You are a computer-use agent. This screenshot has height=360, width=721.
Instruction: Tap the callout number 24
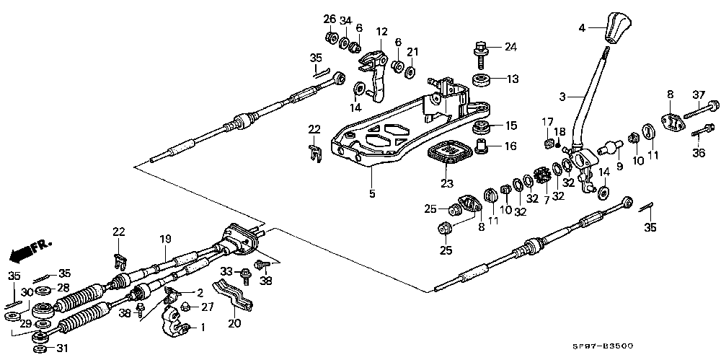(x=510, y=47)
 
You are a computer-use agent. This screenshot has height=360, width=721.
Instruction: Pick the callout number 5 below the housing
(x=371, y=194)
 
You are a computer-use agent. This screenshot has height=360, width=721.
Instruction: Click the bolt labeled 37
(x=701, y=110)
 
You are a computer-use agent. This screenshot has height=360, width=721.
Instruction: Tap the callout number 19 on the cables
(x=165, y=239)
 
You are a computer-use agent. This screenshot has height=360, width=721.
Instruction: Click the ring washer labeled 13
(x=482, y=79)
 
